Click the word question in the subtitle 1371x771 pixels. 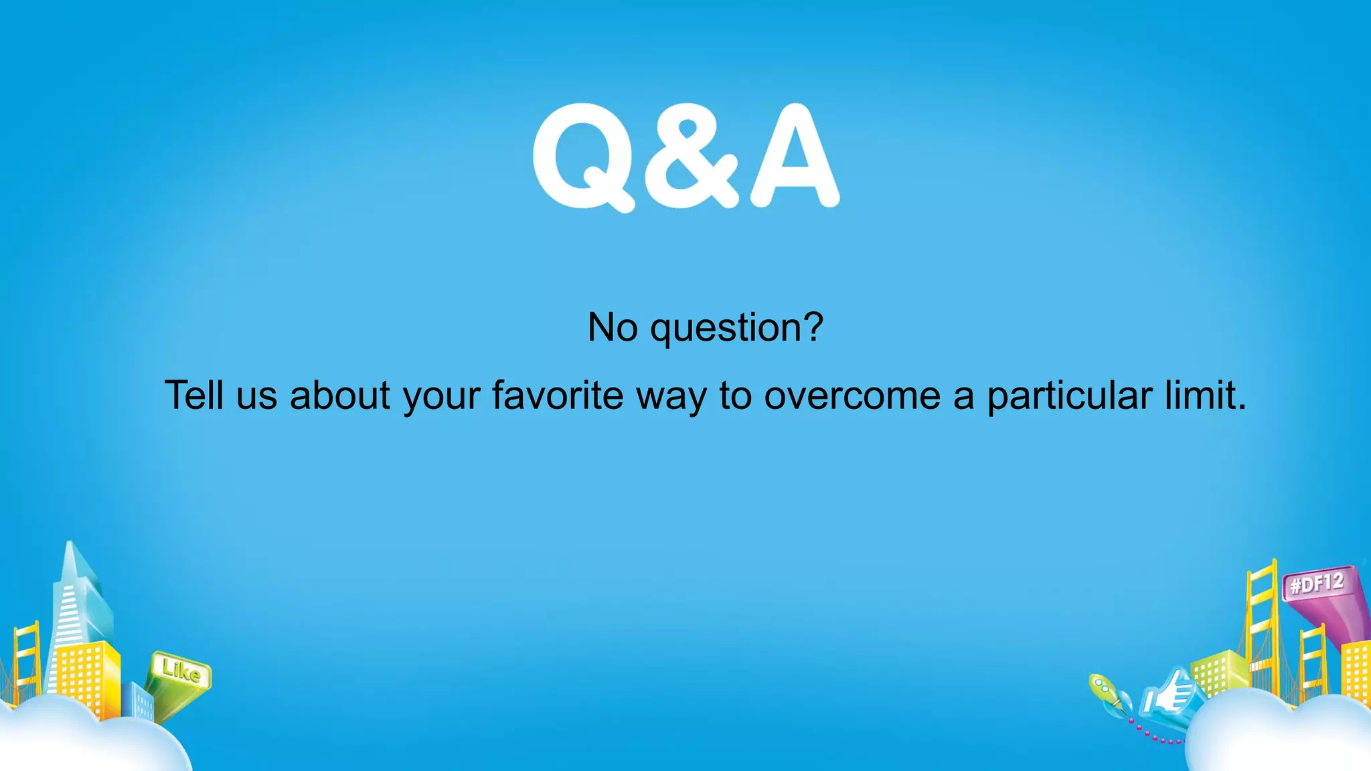click(x=736, y=328)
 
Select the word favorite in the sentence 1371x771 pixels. click(x=558, y=395)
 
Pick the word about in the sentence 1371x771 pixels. click(x=340, y=395)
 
